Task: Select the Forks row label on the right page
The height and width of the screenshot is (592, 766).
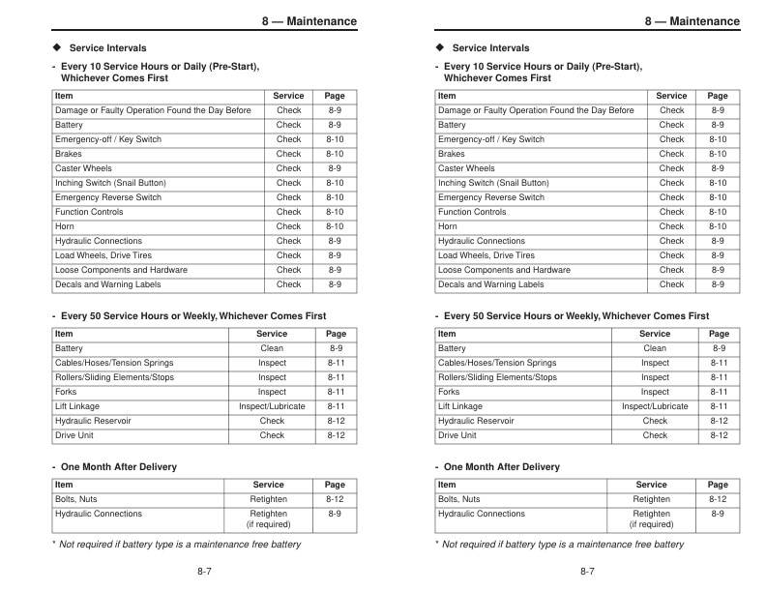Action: (449, 392)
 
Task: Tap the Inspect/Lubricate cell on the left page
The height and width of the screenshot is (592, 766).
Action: (272, 406)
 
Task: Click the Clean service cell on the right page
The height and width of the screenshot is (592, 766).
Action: (655, 348)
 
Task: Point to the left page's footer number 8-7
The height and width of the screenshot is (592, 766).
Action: (204, 572)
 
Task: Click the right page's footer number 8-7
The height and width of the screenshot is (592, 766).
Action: (587, 572)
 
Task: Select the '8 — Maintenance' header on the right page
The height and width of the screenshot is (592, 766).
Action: (692, 21)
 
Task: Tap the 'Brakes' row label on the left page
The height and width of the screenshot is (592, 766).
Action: (69, 154)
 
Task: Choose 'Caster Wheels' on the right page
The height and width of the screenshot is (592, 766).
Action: (466, 168)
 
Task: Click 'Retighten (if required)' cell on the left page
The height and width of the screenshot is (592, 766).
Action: (269, 519)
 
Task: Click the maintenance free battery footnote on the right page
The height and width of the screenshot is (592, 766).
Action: (563, 545)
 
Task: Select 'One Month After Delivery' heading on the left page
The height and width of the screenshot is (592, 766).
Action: (118, 467)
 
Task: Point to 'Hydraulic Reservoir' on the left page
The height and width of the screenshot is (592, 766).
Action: (93, 421)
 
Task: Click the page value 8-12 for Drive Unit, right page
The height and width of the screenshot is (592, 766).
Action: (719, 435)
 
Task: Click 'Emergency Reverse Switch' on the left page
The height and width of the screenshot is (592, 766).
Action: (108, 197)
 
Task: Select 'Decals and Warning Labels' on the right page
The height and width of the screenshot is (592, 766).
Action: (490, 284)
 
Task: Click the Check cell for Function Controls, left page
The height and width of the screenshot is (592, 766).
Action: (288, 212)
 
